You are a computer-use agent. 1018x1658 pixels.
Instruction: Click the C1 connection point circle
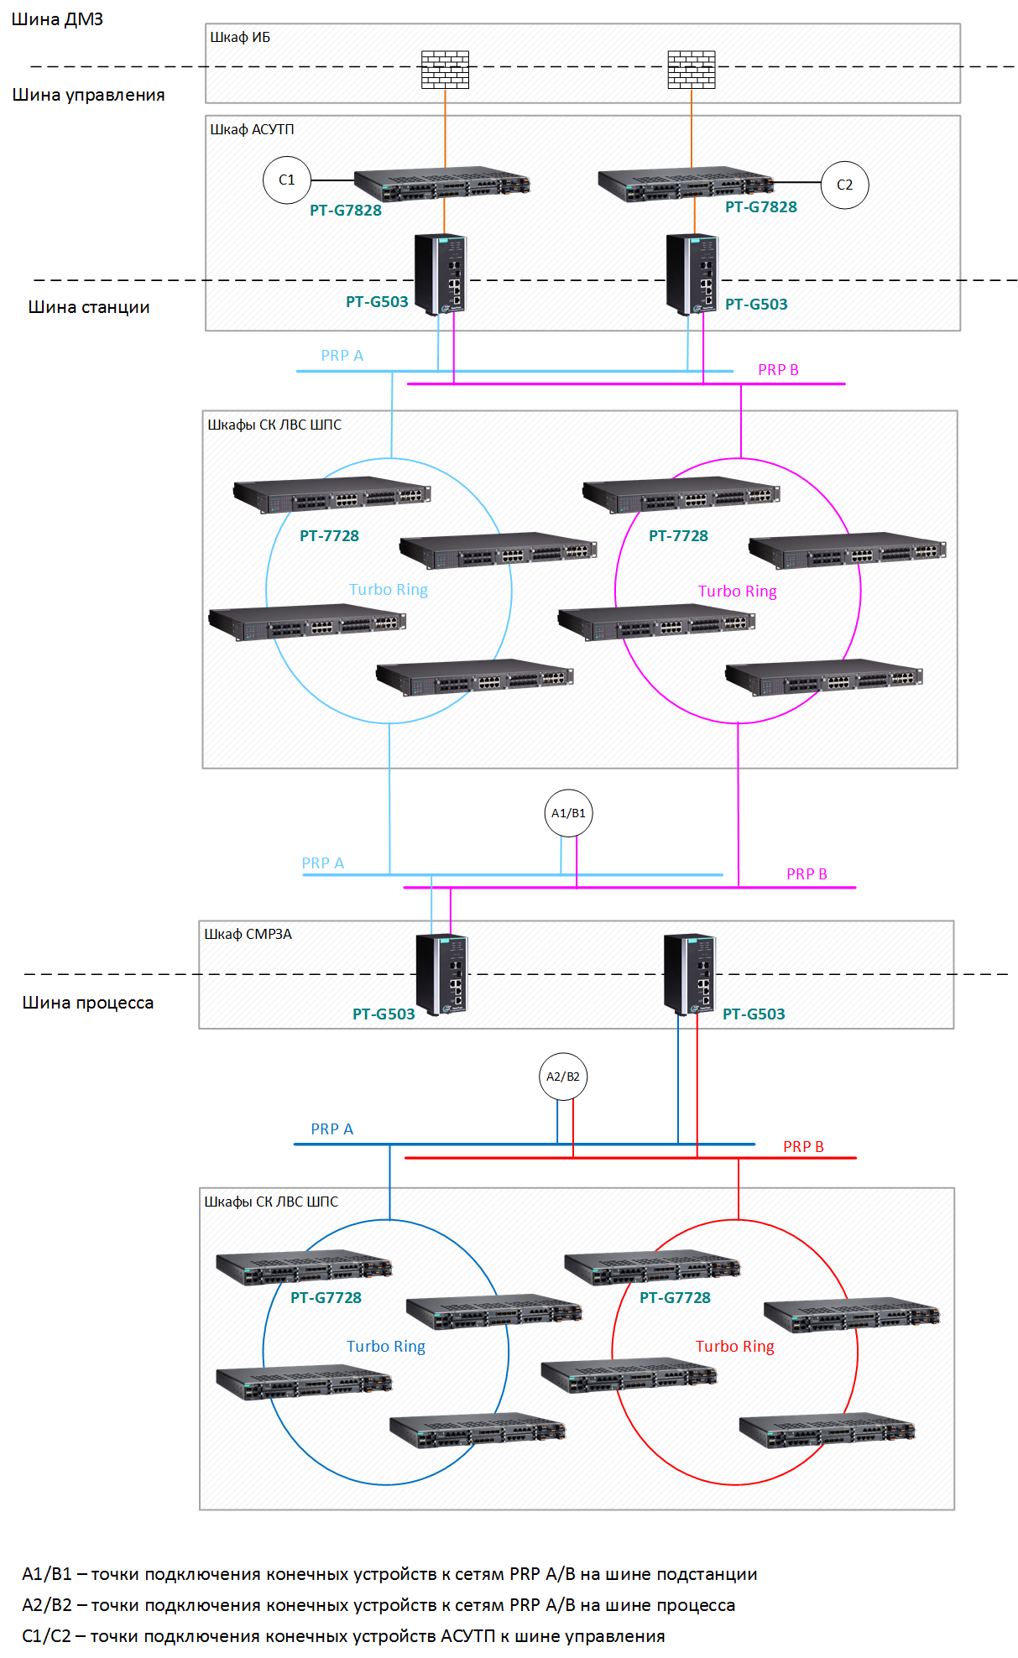click(x=287, y=180)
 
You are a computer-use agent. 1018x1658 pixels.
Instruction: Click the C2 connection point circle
click(x=844, y=185)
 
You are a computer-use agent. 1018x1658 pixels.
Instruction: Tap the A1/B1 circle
click(x=568, y=813)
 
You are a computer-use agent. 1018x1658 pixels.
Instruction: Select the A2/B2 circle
click(x=563, y=1077)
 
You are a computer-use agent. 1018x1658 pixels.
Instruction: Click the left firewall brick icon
click(x=445, y=70)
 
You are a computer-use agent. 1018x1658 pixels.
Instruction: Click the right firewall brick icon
click(x=692, y=70)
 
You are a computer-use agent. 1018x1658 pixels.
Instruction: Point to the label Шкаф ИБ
click(x=240, y=37)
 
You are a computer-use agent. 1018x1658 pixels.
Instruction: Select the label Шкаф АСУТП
click(x=252, y=129)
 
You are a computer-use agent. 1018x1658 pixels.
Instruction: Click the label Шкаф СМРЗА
click(x=248, y=934)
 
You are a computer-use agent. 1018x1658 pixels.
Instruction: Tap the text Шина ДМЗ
click(x=57, y=19)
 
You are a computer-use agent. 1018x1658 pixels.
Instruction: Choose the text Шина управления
click(x=88, y=95)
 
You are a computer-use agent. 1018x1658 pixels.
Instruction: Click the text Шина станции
click(x=89, y=307)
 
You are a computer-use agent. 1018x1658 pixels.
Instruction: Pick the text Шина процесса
click(x=88, y=1003)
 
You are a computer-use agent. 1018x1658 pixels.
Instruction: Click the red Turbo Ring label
click(x=735, y=1347)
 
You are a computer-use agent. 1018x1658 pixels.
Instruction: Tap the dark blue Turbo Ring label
click(x=386, y=1347)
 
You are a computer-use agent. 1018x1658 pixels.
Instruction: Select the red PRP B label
click(x=803, y=1147)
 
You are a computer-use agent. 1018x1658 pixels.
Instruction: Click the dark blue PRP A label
click(x=332, y=1129)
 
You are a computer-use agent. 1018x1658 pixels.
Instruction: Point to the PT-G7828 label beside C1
click(x=346, y=211)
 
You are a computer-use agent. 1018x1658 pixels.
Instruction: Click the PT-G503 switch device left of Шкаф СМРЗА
click(x=442, y=974)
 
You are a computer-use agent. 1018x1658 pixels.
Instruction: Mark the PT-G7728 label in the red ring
click(x=676, y=1298)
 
